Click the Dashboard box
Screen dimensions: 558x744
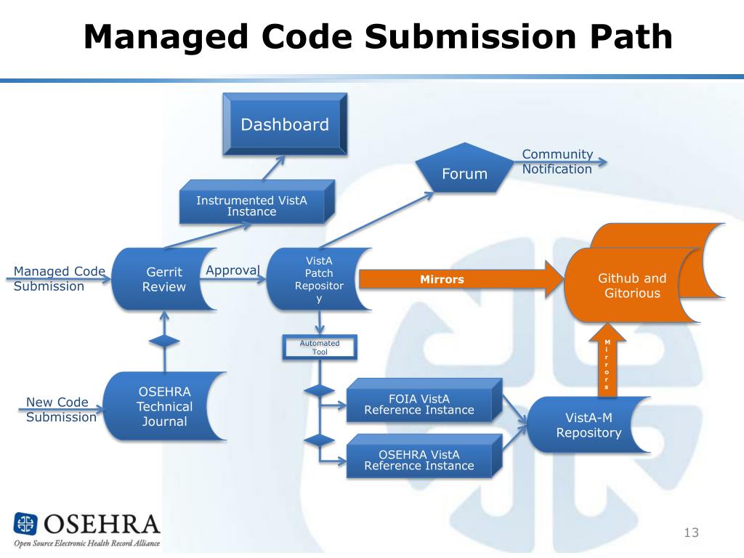pos(284,124)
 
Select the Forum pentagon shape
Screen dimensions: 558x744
pos(464,171)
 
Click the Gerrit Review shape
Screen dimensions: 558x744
pos(163,279)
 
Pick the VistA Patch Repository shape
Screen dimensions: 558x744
pos(315,279)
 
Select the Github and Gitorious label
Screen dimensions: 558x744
pos(631,286)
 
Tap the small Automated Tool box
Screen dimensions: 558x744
pos(320,347)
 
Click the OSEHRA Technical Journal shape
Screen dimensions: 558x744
pos(164,406)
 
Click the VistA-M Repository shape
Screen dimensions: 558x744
pos(589,425)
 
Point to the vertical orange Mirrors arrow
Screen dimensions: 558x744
pos(607,363)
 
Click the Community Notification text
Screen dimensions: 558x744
pos(557,161)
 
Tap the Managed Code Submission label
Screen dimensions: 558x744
pos(59,279)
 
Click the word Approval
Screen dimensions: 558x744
pos(232,270)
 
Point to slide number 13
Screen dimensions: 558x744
pos(690,533)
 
